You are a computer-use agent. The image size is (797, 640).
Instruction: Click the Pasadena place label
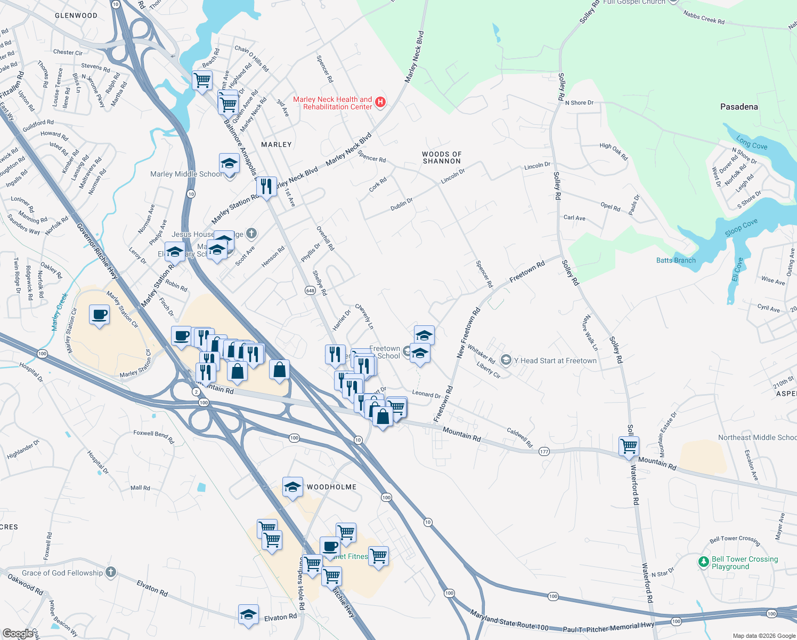point(738,107)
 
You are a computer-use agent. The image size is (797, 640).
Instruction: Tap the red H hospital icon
point(380,102)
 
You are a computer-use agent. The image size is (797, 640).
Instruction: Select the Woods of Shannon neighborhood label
point(442,157)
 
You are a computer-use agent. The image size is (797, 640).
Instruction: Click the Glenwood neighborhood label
point(76,15)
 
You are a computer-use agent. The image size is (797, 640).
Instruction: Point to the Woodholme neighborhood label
point(331,487)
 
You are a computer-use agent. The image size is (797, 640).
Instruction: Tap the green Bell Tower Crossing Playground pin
point(704,562)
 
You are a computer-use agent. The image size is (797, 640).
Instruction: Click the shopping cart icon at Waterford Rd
point(629,446)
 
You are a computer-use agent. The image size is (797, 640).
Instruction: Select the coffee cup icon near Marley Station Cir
point(99,315)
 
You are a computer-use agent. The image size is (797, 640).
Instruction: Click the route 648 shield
point(310,290)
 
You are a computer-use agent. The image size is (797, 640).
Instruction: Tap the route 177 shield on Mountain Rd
point(543,451)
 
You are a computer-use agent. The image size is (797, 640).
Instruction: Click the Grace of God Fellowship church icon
point(110,572)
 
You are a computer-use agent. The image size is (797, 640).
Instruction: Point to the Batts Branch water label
point(676,260)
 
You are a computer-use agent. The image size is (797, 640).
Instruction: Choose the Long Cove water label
point(752,143)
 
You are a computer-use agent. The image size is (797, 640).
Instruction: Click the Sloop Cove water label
point(741,227)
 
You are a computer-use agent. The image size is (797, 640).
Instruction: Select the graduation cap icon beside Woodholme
point(292,487)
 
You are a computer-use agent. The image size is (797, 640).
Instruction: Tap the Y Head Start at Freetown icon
point(506,361)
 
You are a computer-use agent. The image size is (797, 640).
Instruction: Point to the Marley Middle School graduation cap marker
point(229,163)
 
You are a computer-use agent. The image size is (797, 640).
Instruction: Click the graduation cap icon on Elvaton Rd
point(248,615)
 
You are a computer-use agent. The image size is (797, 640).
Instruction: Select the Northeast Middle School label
point(757,437)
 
